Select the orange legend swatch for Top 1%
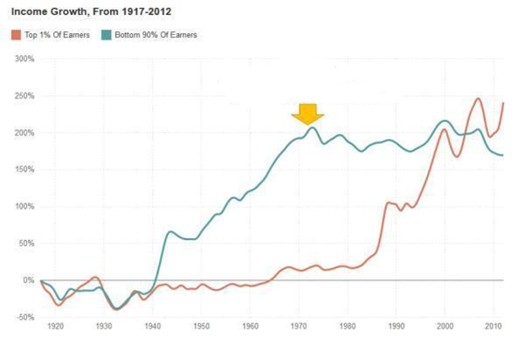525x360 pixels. coord(15,35)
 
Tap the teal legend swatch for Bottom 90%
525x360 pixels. coord(106,35)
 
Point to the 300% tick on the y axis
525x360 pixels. coord(24,59)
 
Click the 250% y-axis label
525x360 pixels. coord(24,96)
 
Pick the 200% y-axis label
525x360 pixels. coord(24,133)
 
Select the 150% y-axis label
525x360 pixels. coord(24,170)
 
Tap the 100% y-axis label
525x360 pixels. coord(24,207)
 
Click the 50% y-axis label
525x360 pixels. coord(25,244)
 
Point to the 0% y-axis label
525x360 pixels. coord(28,280)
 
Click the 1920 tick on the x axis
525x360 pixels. coord(56,326)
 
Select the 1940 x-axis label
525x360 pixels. coord(153,326)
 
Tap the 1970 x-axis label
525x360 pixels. coord(299,326)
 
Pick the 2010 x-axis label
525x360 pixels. coord(494,326)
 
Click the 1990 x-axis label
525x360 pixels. coord(397,326)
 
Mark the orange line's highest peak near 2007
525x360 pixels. coord(478,99)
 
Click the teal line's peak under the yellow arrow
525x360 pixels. coord(312,128)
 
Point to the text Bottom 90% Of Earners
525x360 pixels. coord(156,35)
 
